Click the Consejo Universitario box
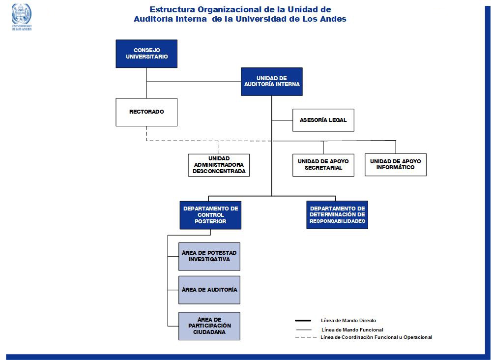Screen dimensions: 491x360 [146, 54]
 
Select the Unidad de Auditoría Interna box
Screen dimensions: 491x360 [271, 82]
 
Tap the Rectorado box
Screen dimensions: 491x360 [146, 112]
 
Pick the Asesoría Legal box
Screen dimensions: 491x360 [323, 120]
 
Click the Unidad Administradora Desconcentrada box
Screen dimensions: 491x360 [219, 165]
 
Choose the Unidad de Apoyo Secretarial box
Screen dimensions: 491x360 [323, 165]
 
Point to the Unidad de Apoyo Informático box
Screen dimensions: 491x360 [396, 164]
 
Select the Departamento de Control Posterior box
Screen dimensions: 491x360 [210, 215]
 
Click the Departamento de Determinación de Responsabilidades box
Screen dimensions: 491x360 [337, 215]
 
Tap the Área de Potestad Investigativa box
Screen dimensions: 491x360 [209, 257]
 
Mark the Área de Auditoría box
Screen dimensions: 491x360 [209, 290]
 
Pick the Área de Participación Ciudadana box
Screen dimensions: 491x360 [209, 326]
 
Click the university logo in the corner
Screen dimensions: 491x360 [22, 17]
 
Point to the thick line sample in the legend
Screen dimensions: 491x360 [303, 321]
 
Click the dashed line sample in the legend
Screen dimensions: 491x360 [306, 337]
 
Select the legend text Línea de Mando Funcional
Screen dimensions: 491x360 [352, 330]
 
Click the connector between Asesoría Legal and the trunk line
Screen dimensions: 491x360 [282, 120]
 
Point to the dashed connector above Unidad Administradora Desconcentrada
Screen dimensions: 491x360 [219, 147]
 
